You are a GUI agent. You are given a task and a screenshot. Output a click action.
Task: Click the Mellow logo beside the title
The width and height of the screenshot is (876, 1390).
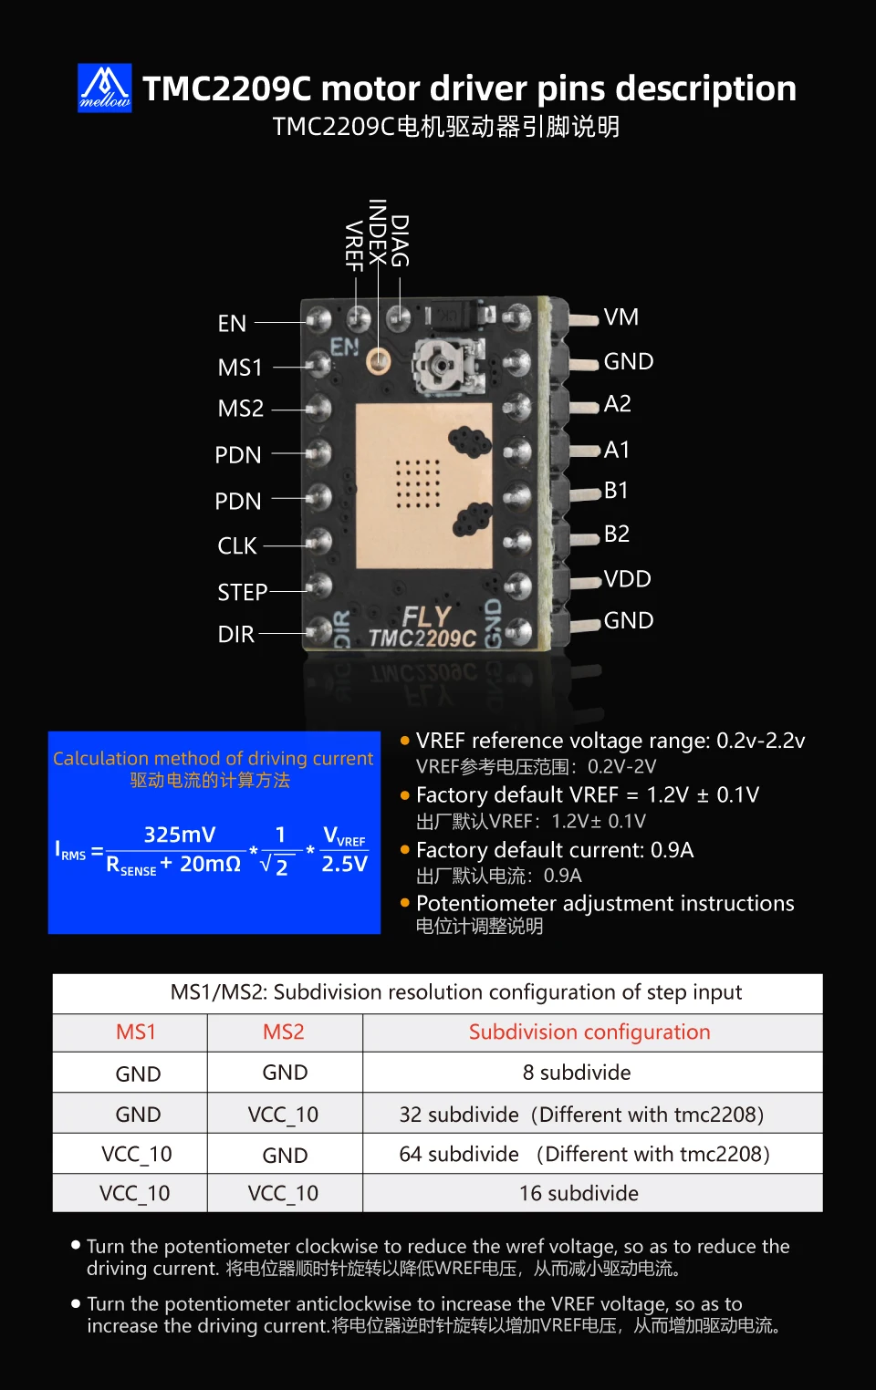coord(105,88)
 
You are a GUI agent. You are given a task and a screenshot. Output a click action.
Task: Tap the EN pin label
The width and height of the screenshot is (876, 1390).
coord(232,324)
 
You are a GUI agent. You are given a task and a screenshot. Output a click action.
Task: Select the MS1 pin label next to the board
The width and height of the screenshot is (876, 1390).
coord(240,368)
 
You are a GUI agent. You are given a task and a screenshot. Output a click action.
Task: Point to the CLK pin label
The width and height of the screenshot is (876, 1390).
coord(237,545)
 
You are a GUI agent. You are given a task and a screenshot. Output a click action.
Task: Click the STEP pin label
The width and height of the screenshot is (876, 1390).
coord(242,592)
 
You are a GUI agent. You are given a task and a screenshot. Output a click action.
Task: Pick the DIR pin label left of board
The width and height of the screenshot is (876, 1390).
coord(235,634)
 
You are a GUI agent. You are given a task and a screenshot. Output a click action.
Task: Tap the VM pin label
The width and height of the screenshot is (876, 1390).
coord(621,316)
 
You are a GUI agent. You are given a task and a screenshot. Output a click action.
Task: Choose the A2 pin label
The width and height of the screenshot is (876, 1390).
coord(618,404)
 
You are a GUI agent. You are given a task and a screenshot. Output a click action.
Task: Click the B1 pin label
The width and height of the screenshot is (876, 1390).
coord(617,491)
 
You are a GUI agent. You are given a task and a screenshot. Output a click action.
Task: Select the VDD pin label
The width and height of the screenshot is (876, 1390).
coord(628,579)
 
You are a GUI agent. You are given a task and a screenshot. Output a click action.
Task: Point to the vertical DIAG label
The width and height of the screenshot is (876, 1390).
coord(400,241)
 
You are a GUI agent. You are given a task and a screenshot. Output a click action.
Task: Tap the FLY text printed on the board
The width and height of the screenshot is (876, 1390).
coord(426,617)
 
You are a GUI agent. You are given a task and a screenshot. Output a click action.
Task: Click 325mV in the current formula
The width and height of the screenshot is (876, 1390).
coord(180,835)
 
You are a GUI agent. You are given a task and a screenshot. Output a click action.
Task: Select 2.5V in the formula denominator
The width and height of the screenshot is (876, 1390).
coord(344,864)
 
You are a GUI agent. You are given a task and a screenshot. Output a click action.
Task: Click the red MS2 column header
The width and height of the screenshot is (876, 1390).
coord(284,1032)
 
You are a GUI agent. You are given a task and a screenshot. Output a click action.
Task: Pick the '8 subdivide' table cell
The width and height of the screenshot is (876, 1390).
coord(577,1073)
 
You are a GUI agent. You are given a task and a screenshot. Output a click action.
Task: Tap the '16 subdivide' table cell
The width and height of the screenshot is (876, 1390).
coord(579,1193)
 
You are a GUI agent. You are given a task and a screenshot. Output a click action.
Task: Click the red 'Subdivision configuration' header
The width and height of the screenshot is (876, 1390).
coord(589,1032)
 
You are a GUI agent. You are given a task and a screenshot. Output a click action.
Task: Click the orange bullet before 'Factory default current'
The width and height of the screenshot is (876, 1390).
coord(405,849)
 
